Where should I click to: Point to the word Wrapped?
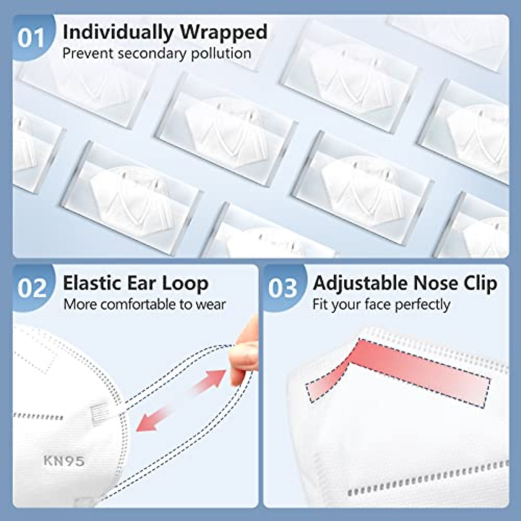224,33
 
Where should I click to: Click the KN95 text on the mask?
64,461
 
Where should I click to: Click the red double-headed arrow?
181,400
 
